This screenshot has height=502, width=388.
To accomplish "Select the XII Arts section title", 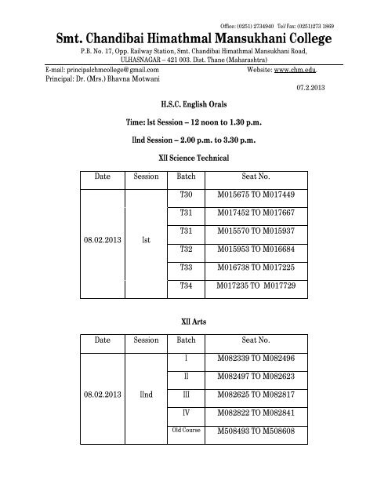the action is (192, 320).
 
